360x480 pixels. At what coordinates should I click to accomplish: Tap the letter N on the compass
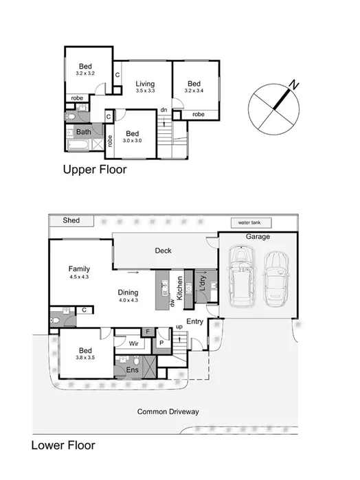click(x=293, y=85)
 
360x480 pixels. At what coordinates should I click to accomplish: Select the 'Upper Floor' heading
click(x=95, y=170)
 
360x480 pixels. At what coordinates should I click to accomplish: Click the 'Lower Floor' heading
click(x=63, y=445)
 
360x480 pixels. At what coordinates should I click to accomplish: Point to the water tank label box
click(x=251, y=223)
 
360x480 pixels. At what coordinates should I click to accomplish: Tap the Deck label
click(x=163, y=251)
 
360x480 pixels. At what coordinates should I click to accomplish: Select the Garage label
click(x=258, y=237)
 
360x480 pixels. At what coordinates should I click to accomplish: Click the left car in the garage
click(x=242, y=277)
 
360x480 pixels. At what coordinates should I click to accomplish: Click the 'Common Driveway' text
click(x=168, y=412)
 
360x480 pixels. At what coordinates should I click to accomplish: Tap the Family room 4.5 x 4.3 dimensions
click(x=80, y=276)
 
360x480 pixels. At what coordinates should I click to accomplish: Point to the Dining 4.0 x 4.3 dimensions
click(x=128, y=300)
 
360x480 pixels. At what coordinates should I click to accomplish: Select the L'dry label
click(x=202, y=282)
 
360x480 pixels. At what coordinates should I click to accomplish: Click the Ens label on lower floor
click(x=132, y=371)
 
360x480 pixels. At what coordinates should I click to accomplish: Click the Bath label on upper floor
click(x=83, y=132)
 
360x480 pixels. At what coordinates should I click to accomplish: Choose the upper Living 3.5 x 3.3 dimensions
click(x=144, y=90)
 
